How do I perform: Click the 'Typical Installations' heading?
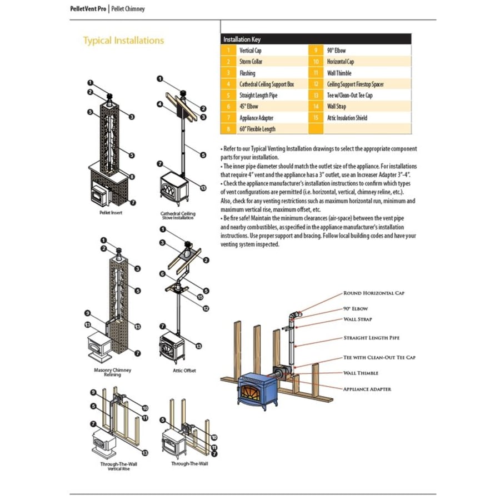click(x=123, y=41)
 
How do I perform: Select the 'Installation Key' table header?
click(x=242, y=39)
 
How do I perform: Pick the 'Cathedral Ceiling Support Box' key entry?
click(x=267, y=84)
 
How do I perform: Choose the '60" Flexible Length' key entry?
click(x=257, y=129)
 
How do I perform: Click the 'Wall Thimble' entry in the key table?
click(x=339, y=73)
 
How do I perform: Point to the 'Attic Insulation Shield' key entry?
click(x=347, y=118)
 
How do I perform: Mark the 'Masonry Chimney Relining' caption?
click(x=108, y=372)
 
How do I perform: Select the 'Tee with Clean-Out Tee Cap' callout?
click(x=379, y=357)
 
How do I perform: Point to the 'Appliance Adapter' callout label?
click(x=367, y=389)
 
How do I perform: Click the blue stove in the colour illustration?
click(x=257, y=392)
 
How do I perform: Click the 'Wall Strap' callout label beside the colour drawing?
click(x=358, y=319)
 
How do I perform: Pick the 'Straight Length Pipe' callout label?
click(x=371, y=338)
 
